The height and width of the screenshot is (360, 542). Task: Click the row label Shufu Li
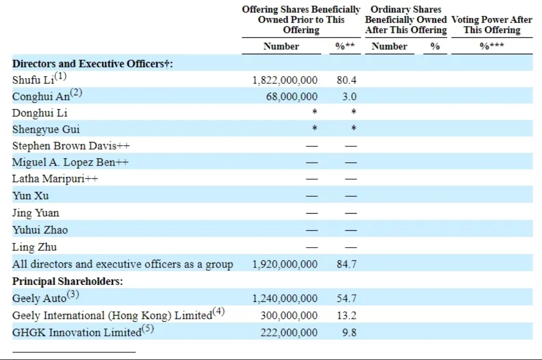[33, 80]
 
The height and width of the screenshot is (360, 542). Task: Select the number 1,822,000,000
[285, 80]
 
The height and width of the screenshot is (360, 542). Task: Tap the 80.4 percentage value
[346, 80]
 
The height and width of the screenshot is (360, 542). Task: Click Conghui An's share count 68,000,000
[292, 96]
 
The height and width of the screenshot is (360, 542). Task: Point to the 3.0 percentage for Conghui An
[349, 96]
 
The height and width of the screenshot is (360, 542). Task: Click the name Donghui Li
[40, 113]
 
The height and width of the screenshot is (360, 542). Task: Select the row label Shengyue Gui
[46, 129]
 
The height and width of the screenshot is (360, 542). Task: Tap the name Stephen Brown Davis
[64, 146]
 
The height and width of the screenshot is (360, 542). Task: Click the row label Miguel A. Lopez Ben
[64, 162]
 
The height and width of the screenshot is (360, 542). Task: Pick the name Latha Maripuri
[48, 179]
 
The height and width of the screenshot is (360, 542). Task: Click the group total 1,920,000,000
[285, 264]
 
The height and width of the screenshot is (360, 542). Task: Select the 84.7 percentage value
[346, 264]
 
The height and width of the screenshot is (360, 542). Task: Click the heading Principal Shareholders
[67, 281]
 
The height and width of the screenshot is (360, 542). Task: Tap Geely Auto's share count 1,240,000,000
[285, 299]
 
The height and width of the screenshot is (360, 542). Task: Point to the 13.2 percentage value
[346, 316]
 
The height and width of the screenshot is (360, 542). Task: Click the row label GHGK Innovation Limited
[77, 333]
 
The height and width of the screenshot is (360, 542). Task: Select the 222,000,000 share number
[289, 333]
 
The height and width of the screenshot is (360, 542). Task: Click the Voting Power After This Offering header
[492, 25]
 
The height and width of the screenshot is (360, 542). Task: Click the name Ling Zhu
[34, 247]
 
